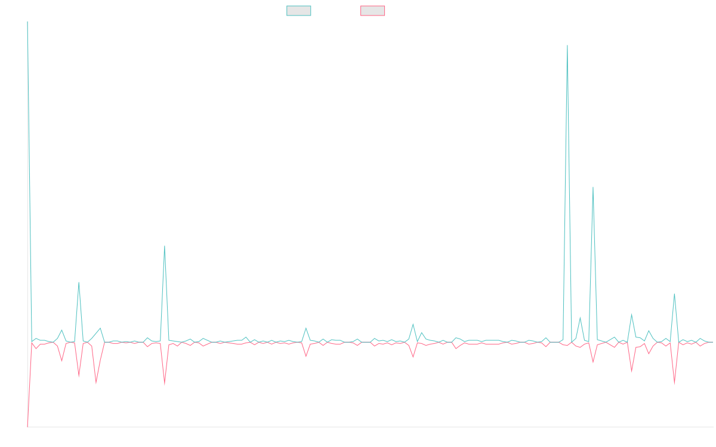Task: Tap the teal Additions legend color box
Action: pos(299,11)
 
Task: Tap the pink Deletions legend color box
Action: pos(373,11)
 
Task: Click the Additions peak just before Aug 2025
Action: pos(567,45)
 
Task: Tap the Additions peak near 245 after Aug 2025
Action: pos(592,187)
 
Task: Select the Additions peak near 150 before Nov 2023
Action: pos(165,246)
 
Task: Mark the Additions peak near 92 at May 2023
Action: pos(79,283)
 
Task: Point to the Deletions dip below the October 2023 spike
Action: pos(165,386)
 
